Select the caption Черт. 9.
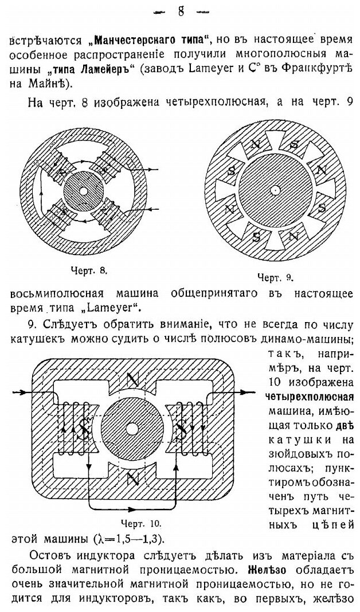(x=275, y=278)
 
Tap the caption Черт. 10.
(x=140, y=523)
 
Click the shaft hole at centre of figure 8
(x=84, y=191)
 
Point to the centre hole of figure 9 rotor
(x=276, y=189)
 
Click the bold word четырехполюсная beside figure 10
(x=310, y=398)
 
